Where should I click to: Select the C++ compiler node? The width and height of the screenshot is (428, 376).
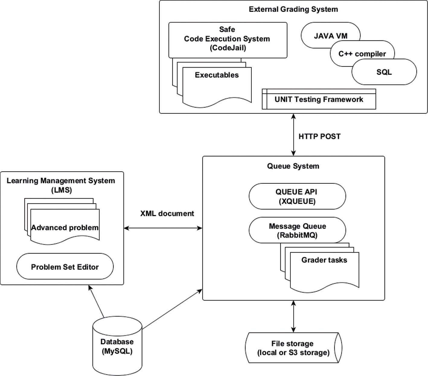362,54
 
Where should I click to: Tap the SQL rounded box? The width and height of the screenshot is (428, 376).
384,72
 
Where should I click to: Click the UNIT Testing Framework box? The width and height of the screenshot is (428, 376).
319,100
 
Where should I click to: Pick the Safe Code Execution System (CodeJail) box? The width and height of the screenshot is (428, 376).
227,39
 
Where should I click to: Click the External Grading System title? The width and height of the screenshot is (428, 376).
293,9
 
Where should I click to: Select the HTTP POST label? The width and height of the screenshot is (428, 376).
319,136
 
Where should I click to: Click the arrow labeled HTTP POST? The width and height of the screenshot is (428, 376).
293,135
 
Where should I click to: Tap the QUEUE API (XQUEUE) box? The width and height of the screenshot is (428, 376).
297,196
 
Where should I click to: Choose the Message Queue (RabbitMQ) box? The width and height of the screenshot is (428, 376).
297,231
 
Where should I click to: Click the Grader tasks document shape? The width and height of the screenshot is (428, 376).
324,270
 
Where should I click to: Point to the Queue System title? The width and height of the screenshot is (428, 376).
293,166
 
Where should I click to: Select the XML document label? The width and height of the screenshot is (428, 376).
167,214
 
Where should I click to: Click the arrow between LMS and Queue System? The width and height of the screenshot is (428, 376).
163,228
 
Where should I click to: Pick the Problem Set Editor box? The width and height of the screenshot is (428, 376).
65,267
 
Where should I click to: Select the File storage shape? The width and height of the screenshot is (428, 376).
293,348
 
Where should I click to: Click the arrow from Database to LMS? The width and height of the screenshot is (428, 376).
96,301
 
